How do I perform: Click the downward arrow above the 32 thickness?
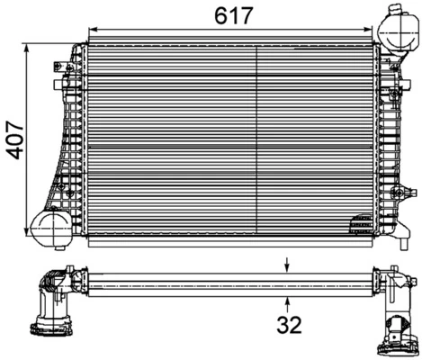coord(288,265)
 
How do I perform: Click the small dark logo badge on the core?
coord(360,222)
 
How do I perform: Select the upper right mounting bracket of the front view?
coord(393,66)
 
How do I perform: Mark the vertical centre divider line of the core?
coord(258,139)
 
